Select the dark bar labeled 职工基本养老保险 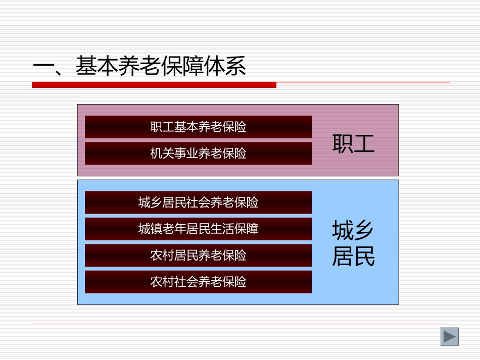198,127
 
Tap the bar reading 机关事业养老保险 198,153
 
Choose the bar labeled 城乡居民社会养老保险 198,202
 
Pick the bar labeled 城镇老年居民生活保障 198,229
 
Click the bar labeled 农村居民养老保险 198,255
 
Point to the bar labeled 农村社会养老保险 198,282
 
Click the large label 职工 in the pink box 353,143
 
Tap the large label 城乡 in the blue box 353,231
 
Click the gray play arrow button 449,336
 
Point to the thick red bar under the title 154,85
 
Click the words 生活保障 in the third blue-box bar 234,229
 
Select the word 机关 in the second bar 162,153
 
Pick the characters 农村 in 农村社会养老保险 162,282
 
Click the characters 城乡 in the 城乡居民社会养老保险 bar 150,202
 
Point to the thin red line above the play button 240,324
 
